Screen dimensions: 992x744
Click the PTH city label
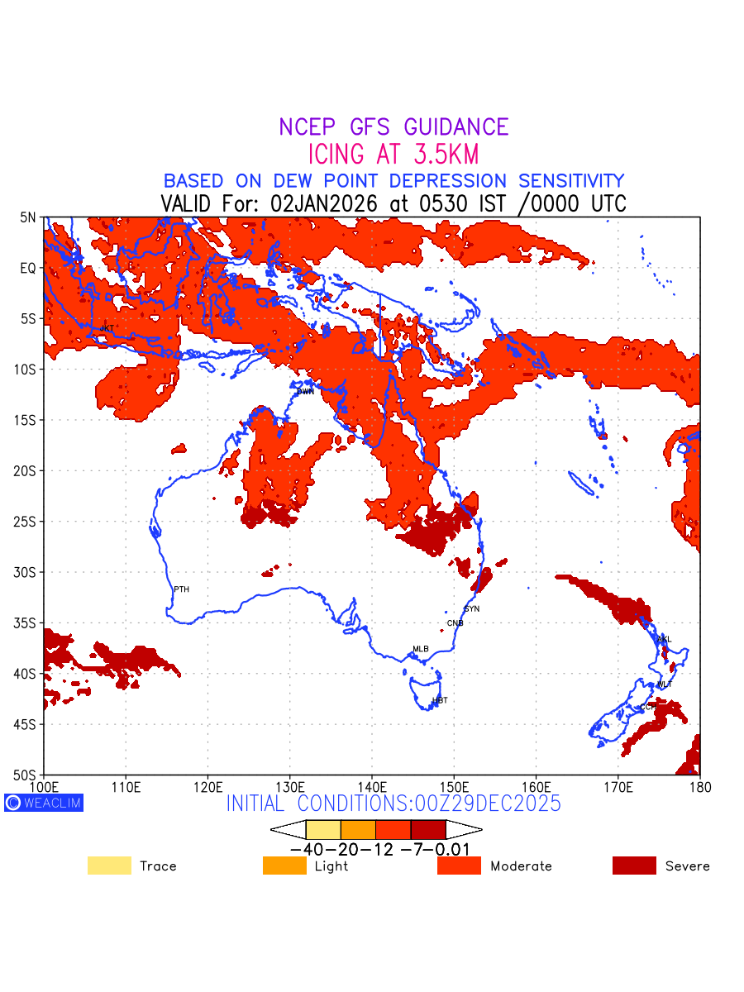[181, 589]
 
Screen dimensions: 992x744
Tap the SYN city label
[471, 609]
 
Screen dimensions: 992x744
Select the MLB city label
[421, 649]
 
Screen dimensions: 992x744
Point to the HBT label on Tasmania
[440, 701]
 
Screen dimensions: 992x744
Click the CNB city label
[455, 623]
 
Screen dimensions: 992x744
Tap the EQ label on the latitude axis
[29, 269]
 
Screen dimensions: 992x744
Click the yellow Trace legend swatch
[109, 866]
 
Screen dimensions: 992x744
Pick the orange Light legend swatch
[284, 866]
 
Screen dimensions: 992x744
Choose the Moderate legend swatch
[459, 866]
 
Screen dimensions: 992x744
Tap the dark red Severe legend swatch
[634, 866]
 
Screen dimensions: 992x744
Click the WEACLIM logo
[44, 803]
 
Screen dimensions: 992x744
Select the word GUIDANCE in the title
[456, 127]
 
